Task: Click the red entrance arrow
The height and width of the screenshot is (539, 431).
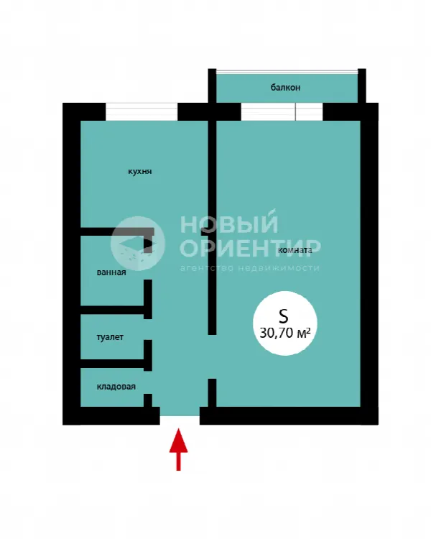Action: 178,449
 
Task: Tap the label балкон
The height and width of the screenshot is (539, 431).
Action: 285,87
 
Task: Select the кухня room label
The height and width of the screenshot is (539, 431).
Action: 140,171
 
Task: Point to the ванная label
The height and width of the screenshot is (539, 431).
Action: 111,272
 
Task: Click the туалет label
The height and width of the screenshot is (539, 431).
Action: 110,337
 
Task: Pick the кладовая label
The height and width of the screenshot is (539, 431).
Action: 116,387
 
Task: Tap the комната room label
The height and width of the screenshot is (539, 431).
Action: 295,250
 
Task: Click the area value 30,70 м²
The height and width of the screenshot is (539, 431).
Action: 285,333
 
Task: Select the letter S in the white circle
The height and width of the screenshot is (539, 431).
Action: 283,316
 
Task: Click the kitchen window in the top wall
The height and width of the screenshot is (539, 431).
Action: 142,111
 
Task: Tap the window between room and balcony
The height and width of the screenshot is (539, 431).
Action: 282,111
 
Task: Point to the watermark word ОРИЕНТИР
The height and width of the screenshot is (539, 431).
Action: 251,247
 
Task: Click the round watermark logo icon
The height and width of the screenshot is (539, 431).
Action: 138,244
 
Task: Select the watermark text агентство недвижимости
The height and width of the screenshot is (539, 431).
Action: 249,268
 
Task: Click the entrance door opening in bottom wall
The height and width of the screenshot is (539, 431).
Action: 180,416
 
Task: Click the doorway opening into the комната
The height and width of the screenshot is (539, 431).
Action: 212,356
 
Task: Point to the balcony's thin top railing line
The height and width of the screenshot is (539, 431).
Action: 287,71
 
